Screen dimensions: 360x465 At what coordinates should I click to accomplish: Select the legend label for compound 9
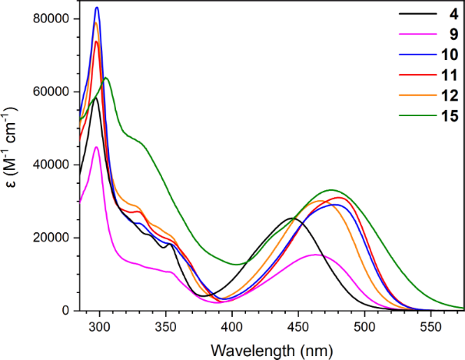click(x=441, y=35)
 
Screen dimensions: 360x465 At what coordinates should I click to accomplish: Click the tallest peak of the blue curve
click(x=97, y=8)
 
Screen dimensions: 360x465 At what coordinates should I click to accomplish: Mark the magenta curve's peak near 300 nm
click(x=96, y=147)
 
